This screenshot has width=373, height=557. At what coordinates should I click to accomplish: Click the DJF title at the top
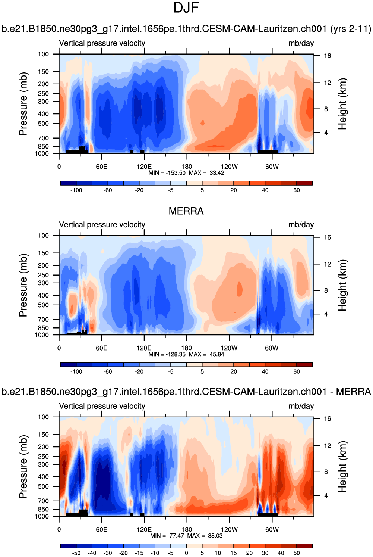[x=186, y=8]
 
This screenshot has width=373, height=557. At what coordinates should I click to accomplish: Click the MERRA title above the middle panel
[x=186, y=211]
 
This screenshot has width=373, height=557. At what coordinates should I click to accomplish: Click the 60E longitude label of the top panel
[x=101, y=167]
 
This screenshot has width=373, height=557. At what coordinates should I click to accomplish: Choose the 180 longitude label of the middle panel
[x=186, y=348]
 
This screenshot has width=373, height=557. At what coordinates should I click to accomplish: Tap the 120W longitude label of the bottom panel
[x=229, y=529]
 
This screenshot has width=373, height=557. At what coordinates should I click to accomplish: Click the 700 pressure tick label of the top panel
[x=43, y=138]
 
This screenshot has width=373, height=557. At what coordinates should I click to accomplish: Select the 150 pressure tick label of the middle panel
[x=43, y=253]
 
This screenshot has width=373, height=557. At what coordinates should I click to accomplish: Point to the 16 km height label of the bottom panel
[x=327, y=419]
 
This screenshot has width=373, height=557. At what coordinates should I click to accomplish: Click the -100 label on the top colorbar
[x=76, y=190]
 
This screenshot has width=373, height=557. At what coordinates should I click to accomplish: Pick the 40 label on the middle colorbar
[x=265, y=372]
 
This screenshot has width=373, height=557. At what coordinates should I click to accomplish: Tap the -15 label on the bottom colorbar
[x=139, y=553]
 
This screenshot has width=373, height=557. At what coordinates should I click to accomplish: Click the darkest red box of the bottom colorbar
[x=304, y=546]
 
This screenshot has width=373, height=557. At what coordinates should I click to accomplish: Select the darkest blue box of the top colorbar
[x=68, y=183]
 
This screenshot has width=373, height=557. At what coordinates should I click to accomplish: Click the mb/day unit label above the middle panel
[x=301, y=225]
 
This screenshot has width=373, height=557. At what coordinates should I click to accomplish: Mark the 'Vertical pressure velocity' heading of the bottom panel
[x=102, y=406]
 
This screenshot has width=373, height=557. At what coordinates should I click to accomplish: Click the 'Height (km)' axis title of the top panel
[x=342, y=104]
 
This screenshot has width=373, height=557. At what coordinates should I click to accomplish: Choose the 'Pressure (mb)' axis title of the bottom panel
[x=23, y=467]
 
